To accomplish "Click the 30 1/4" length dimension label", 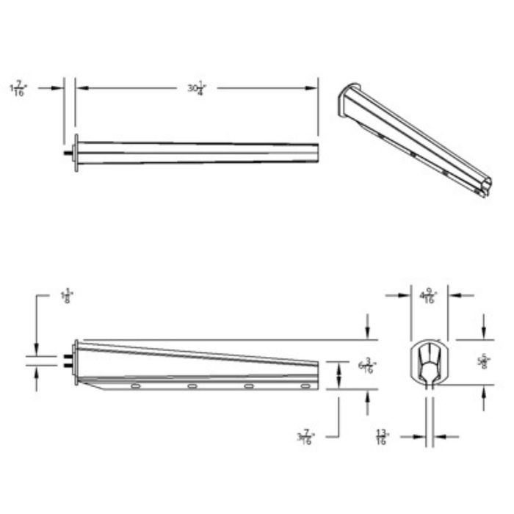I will pyautogui.click(x=195, y=88).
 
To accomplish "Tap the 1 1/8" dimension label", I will pyautogui.click(x=66, y=297).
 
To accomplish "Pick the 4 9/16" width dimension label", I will pyautogui.click(x=427, y=297).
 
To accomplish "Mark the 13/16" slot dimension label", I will pyautogui.click(x=382, y=438).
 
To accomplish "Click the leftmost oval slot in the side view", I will pyautogui.click(x=135, y=385).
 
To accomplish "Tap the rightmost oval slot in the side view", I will pyautogui.click(x=305, y=385).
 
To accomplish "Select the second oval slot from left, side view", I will pyautogui.click(x=192, y=385).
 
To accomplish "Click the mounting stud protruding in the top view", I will pyautogui.click(x=68, y=153).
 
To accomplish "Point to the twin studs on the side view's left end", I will pyautogui.click(x=68, y=361).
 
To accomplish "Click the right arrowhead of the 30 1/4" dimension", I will pyautogui.click(x=314, y=88).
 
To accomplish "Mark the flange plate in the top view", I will pyautogui.click(x=76, y=153).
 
